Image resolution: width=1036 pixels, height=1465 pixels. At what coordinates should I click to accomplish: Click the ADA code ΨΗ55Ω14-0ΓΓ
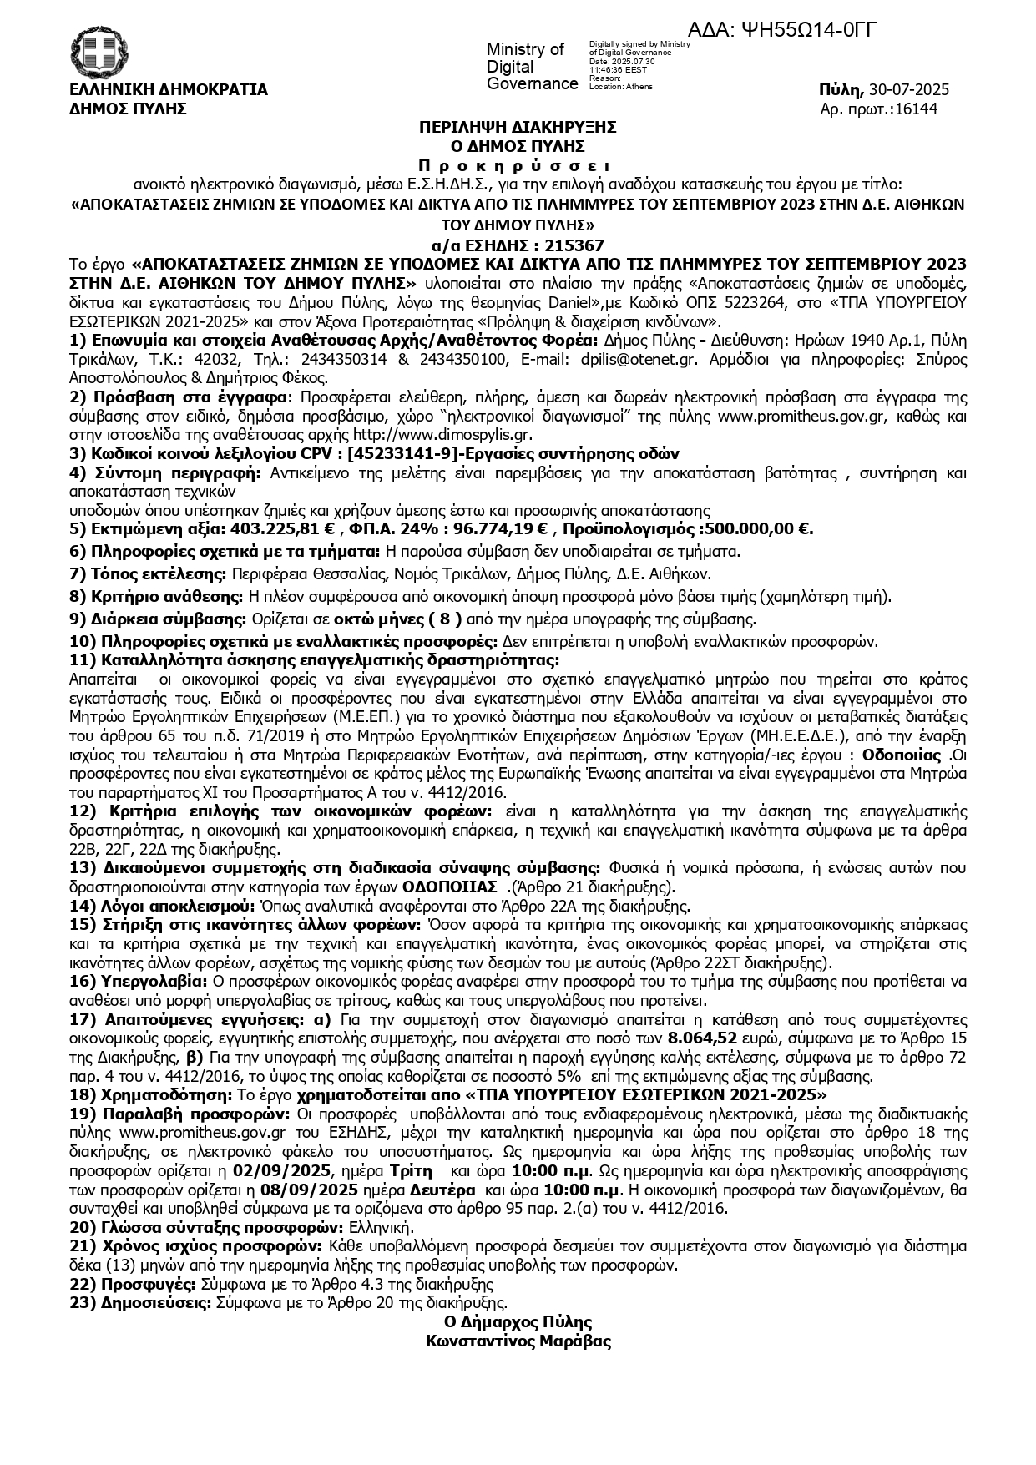pyautogui.click(x=808, y=30)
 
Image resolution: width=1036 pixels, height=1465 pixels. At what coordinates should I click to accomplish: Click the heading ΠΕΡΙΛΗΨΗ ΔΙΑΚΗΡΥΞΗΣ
pyautogui.click(x=518, y=127)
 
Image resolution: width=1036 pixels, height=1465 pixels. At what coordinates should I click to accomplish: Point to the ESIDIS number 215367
pyautogui.click(x=556, y=245)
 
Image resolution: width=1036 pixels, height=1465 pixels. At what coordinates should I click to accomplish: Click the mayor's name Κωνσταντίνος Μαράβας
pyautogui.click(x=518, y=1341)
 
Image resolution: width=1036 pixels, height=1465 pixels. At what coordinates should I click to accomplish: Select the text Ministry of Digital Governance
pyautogui.click(x=531, y=67)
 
